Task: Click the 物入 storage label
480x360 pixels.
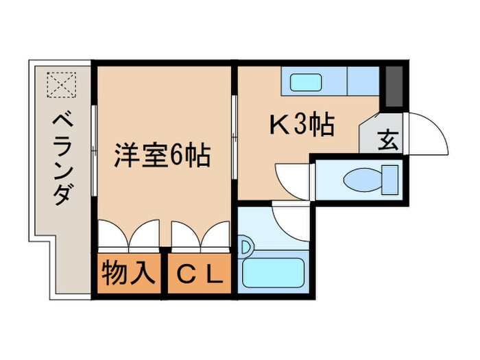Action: pos(129,274)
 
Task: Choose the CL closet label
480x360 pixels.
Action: pos(200,275)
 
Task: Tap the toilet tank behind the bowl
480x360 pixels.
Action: pos(390,180)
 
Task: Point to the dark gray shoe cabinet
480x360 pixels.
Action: pos(393,87)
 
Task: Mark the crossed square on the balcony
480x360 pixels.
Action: pos(62,85)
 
